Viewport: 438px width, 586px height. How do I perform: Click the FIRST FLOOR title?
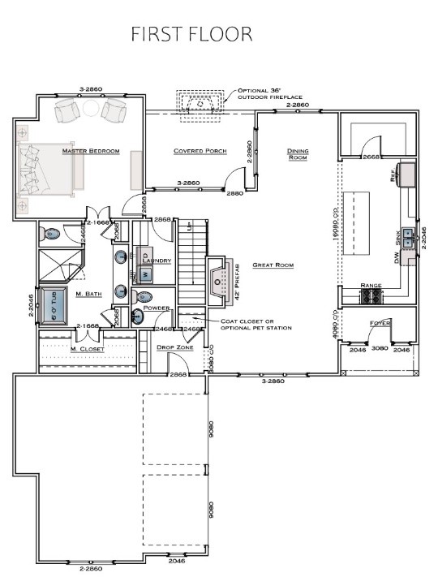pos(192,34)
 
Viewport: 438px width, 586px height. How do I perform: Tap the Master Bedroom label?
pos(90,151)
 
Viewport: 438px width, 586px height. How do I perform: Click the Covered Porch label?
pos(200,151)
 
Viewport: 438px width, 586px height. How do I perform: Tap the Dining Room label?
pos(298,154)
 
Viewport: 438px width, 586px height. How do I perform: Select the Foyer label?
pos(380,323)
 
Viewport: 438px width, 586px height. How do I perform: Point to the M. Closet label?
pos(87,349)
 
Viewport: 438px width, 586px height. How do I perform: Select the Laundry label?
pos(159,261)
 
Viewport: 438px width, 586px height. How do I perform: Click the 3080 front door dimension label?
pos(380,349)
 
